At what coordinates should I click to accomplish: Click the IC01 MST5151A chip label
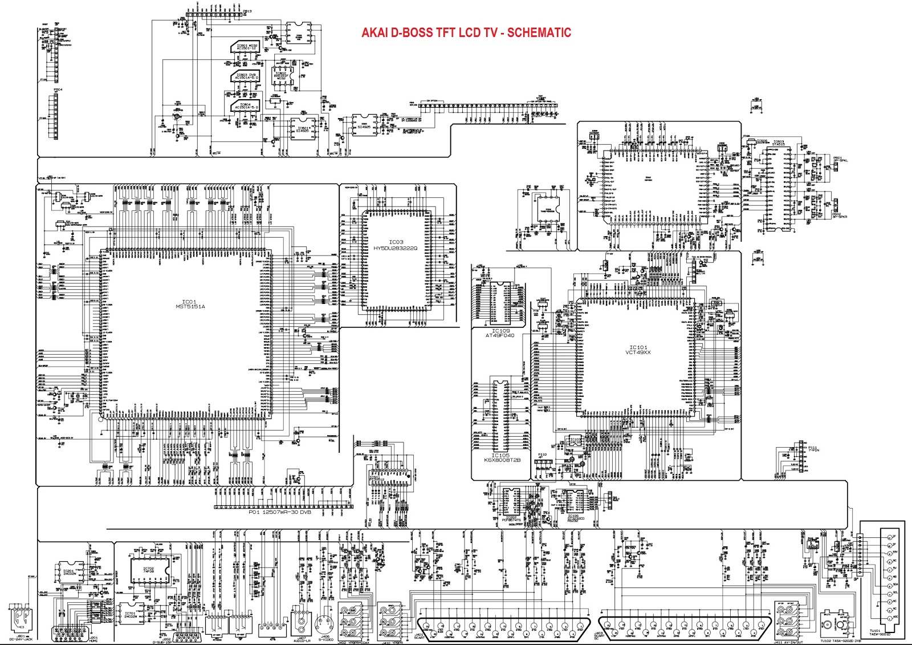click(190, 305)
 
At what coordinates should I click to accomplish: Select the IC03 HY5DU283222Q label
click(396, 245)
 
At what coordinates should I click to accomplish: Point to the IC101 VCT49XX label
click(638, 350)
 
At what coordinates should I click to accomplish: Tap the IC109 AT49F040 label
click(500, 333)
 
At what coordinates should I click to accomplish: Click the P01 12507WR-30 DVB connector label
click(280, 512)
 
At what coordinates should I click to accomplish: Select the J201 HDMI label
click(93, 640)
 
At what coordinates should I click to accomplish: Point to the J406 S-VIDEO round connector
click(324, 622)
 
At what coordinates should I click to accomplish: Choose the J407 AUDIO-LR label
click(302, 640)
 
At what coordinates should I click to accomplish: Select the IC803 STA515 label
click(778, 143)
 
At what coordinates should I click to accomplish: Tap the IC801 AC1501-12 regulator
click(247, 47)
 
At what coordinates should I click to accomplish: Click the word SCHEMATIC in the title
click(539, 33)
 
